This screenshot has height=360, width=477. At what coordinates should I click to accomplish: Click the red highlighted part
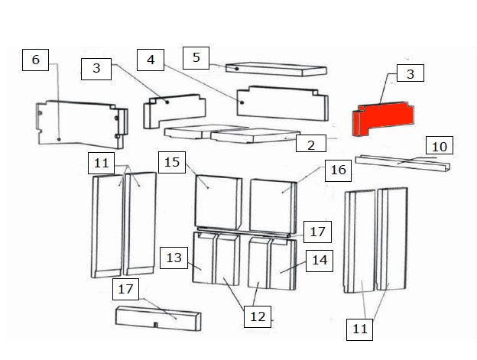(383, 118)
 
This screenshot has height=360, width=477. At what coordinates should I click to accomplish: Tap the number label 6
(36, 60)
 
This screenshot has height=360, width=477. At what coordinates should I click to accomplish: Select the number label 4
(151, 60)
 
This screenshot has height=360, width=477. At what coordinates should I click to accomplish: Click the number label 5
(196, 58)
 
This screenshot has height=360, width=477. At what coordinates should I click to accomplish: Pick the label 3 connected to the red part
(410, 73)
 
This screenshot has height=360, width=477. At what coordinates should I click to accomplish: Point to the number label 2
(311, 144)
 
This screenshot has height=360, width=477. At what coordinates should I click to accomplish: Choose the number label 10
(440, 145)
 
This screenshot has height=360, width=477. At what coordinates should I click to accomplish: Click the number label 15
(172, 162)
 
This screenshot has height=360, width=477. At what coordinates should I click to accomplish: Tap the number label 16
(339, 170)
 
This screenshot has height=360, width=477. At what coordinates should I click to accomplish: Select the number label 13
(174, 258)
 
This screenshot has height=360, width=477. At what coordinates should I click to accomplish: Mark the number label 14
(320, 261)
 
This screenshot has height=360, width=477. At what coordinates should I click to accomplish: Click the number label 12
(258, 317)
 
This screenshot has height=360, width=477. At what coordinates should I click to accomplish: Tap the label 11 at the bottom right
(359, 329)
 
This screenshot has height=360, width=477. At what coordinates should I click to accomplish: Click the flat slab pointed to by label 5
(276, 70)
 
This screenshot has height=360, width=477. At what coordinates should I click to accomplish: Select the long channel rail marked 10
(403, 164)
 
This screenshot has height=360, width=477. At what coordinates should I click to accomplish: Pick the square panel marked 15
(218, 203)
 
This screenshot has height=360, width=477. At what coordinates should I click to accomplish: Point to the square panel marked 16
(273, 206)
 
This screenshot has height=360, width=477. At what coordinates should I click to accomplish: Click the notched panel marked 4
(282, 103)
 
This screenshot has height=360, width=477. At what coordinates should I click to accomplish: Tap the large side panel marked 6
(82, 125)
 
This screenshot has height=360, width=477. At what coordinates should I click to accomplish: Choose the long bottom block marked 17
(158, 319)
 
